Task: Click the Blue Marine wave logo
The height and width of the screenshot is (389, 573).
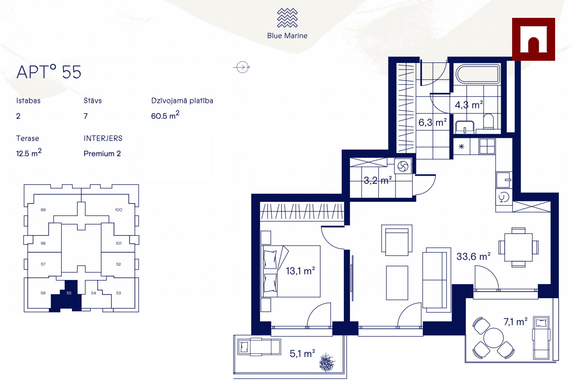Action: pos(287,18)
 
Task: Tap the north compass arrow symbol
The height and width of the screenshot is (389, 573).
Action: pos(242,67)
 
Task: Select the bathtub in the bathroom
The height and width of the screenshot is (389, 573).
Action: pos(477,74)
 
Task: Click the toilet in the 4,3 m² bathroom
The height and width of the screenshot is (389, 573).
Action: pos(488,121)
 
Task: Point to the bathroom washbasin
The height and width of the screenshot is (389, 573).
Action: pos(465,127)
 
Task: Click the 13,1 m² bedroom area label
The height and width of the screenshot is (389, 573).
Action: pos(300,271)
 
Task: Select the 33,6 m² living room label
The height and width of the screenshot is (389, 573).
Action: pos(473,256)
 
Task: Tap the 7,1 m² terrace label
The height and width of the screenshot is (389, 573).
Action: pos(515,321)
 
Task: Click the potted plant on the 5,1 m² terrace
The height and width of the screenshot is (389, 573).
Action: pos(327,362)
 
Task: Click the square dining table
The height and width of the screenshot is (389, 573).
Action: pos(518,247)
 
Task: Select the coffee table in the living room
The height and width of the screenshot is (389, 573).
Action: pos(397,283)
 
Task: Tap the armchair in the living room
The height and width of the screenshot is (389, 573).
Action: pos(397,240)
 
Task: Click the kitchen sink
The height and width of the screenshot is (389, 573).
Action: pos(504,180)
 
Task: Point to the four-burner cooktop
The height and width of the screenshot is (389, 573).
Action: pos(487,146)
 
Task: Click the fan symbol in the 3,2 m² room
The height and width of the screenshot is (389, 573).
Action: pos(403,167)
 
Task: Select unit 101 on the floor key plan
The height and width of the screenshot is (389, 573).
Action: pos(119,243)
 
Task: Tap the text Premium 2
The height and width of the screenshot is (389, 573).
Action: pos(102,153)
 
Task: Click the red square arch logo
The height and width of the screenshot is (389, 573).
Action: pos(533,39)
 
